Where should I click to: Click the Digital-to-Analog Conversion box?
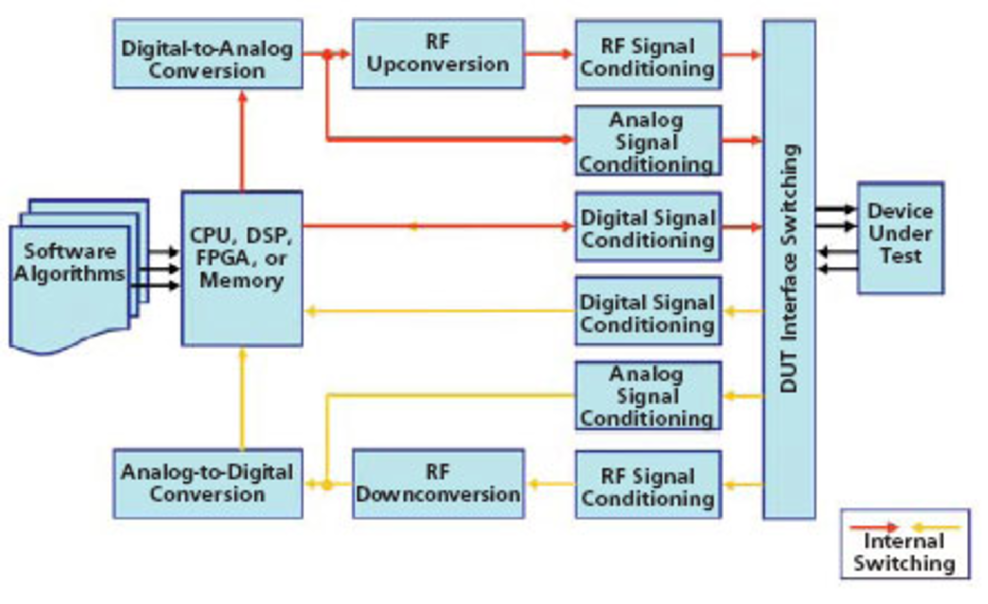207,54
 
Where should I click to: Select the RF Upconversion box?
438,53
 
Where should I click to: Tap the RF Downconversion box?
438,484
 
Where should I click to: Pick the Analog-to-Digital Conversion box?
207,484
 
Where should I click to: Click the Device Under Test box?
900,237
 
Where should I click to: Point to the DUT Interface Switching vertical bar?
789,269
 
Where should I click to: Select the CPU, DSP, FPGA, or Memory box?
241,268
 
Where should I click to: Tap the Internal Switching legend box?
905,544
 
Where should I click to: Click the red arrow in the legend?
873,527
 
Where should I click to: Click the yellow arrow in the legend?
936,527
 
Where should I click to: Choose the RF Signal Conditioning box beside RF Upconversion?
648,55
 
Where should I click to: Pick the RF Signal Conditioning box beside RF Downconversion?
648,485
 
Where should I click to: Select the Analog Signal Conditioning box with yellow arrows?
648,395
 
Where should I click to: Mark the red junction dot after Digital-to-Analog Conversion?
327,53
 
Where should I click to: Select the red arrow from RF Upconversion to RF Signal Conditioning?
549,53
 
